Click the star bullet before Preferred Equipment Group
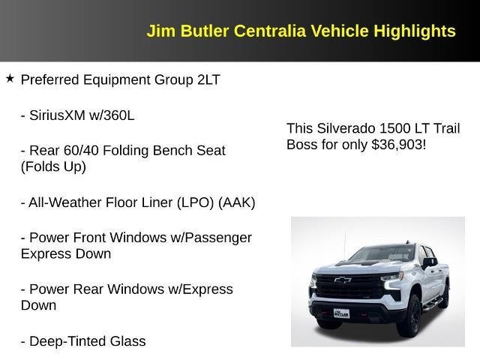click(10, 78)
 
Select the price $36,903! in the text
click(398, 144)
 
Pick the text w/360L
click(115, 115)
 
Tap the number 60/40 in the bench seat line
click(82, 150)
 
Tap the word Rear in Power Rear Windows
click(86, 289)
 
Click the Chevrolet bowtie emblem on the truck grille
click(343, 280)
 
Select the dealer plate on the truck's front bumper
click(341, 313)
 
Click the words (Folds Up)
click(53, 166)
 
